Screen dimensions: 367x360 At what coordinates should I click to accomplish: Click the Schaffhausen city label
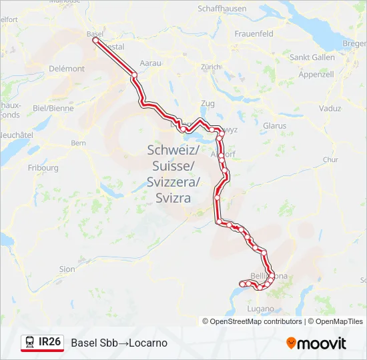(222, 9)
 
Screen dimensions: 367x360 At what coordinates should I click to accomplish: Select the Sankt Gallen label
(312, 57)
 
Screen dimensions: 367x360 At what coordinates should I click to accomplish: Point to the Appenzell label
(316, 74)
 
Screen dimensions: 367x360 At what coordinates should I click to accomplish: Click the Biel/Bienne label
(53, 107)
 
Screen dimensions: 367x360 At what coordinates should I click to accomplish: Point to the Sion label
(67, 269)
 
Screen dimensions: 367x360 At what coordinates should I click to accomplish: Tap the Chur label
(330, 160)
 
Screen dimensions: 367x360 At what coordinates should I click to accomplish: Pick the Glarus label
(274, 125)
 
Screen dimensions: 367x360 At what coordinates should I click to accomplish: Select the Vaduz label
(330, 108)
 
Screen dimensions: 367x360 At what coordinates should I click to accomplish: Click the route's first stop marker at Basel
(95, 41)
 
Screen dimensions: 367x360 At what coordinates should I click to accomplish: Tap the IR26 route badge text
(50, 342)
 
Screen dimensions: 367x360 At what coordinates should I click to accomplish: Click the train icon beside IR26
(30, 343)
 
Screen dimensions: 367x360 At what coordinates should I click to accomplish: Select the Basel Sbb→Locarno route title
(119, 343)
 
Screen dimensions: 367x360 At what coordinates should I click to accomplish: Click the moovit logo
(316, 343)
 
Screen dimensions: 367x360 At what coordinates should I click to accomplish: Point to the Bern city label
(78, 143)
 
